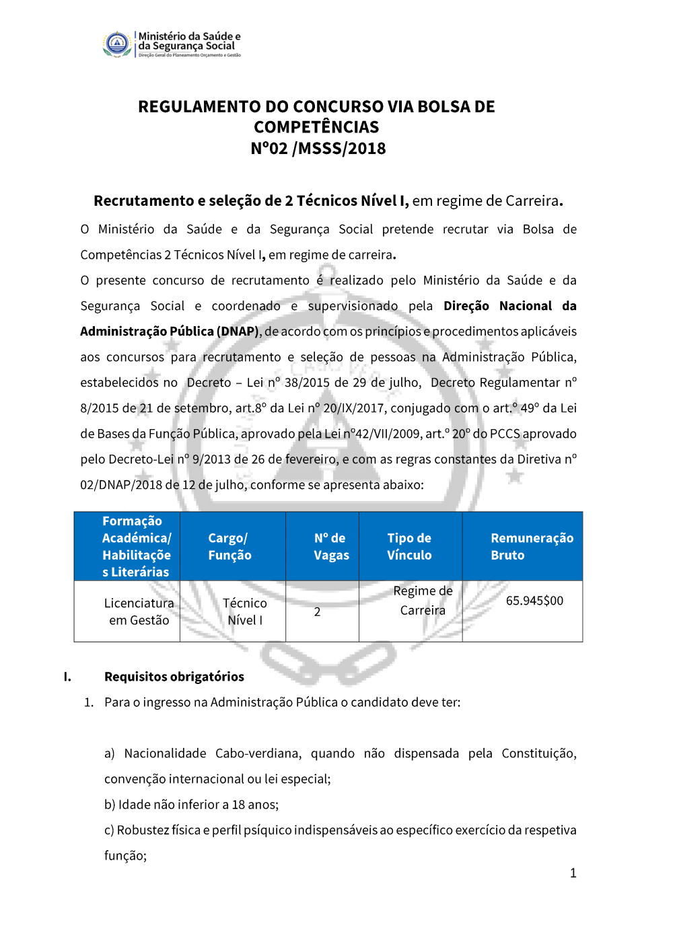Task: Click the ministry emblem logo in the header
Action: click(117, 44)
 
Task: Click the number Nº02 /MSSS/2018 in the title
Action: click(318, 149)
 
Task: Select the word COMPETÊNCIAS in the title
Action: click(316, 127)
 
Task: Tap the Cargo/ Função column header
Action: click(229, 546)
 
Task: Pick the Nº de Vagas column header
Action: click(331, 546)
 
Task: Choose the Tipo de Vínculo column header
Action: click(409, 546)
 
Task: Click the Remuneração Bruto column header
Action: click(532, 546)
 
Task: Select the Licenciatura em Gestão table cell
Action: click(139, 611)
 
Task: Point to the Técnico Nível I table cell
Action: click(245, 611)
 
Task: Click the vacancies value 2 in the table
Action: click(318, 612)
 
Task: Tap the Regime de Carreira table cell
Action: click(423, 601)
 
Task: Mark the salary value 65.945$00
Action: click(534, 601)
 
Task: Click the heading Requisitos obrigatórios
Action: click(174, 677)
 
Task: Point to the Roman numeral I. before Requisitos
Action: click(67, 677)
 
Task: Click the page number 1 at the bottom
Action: click(573, 873)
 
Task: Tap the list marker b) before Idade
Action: click(110, 804)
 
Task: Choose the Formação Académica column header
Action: click(136, 546)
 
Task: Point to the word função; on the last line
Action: click(126, 855)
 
